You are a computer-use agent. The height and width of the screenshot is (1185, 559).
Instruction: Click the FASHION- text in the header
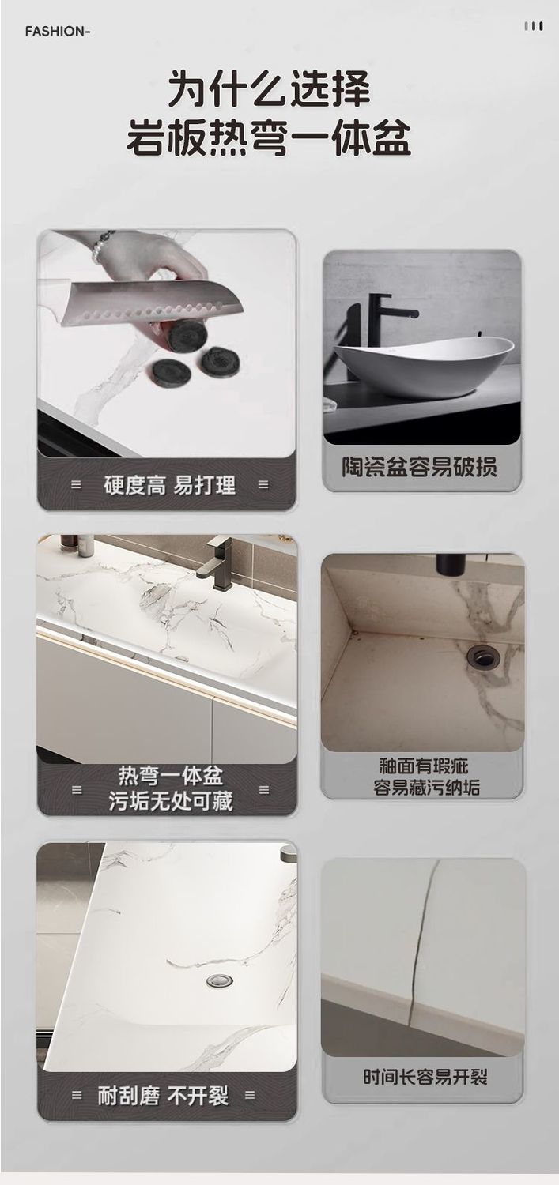pos(58,32)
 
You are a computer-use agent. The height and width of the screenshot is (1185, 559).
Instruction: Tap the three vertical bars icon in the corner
pos(533,25)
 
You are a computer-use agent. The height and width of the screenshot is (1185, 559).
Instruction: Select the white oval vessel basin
pos(424,366)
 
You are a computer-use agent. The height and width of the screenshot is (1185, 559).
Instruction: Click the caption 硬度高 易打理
pos(169,485)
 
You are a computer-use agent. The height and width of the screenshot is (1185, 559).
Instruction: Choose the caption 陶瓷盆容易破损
pos(419,467)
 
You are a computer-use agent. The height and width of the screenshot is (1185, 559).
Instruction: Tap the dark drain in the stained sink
pos(483,657)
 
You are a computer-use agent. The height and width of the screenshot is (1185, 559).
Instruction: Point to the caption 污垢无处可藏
pos(171,802)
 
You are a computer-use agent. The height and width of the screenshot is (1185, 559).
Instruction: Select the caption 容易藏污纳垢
pos(426,787)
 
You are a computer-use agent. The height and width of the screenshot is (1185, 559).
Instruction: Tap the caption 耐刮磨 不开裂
pos(163,1095)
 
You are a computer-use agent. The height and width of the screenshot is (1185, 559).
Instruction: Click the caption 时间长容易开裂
pos(425,1076)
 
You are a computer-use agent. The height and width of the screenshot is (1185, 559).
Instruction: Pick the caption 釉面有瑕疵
pos(424,766)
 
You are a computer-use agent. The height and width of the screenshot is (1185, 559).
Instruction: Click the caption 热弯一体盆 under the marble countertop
pos(171,776)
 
